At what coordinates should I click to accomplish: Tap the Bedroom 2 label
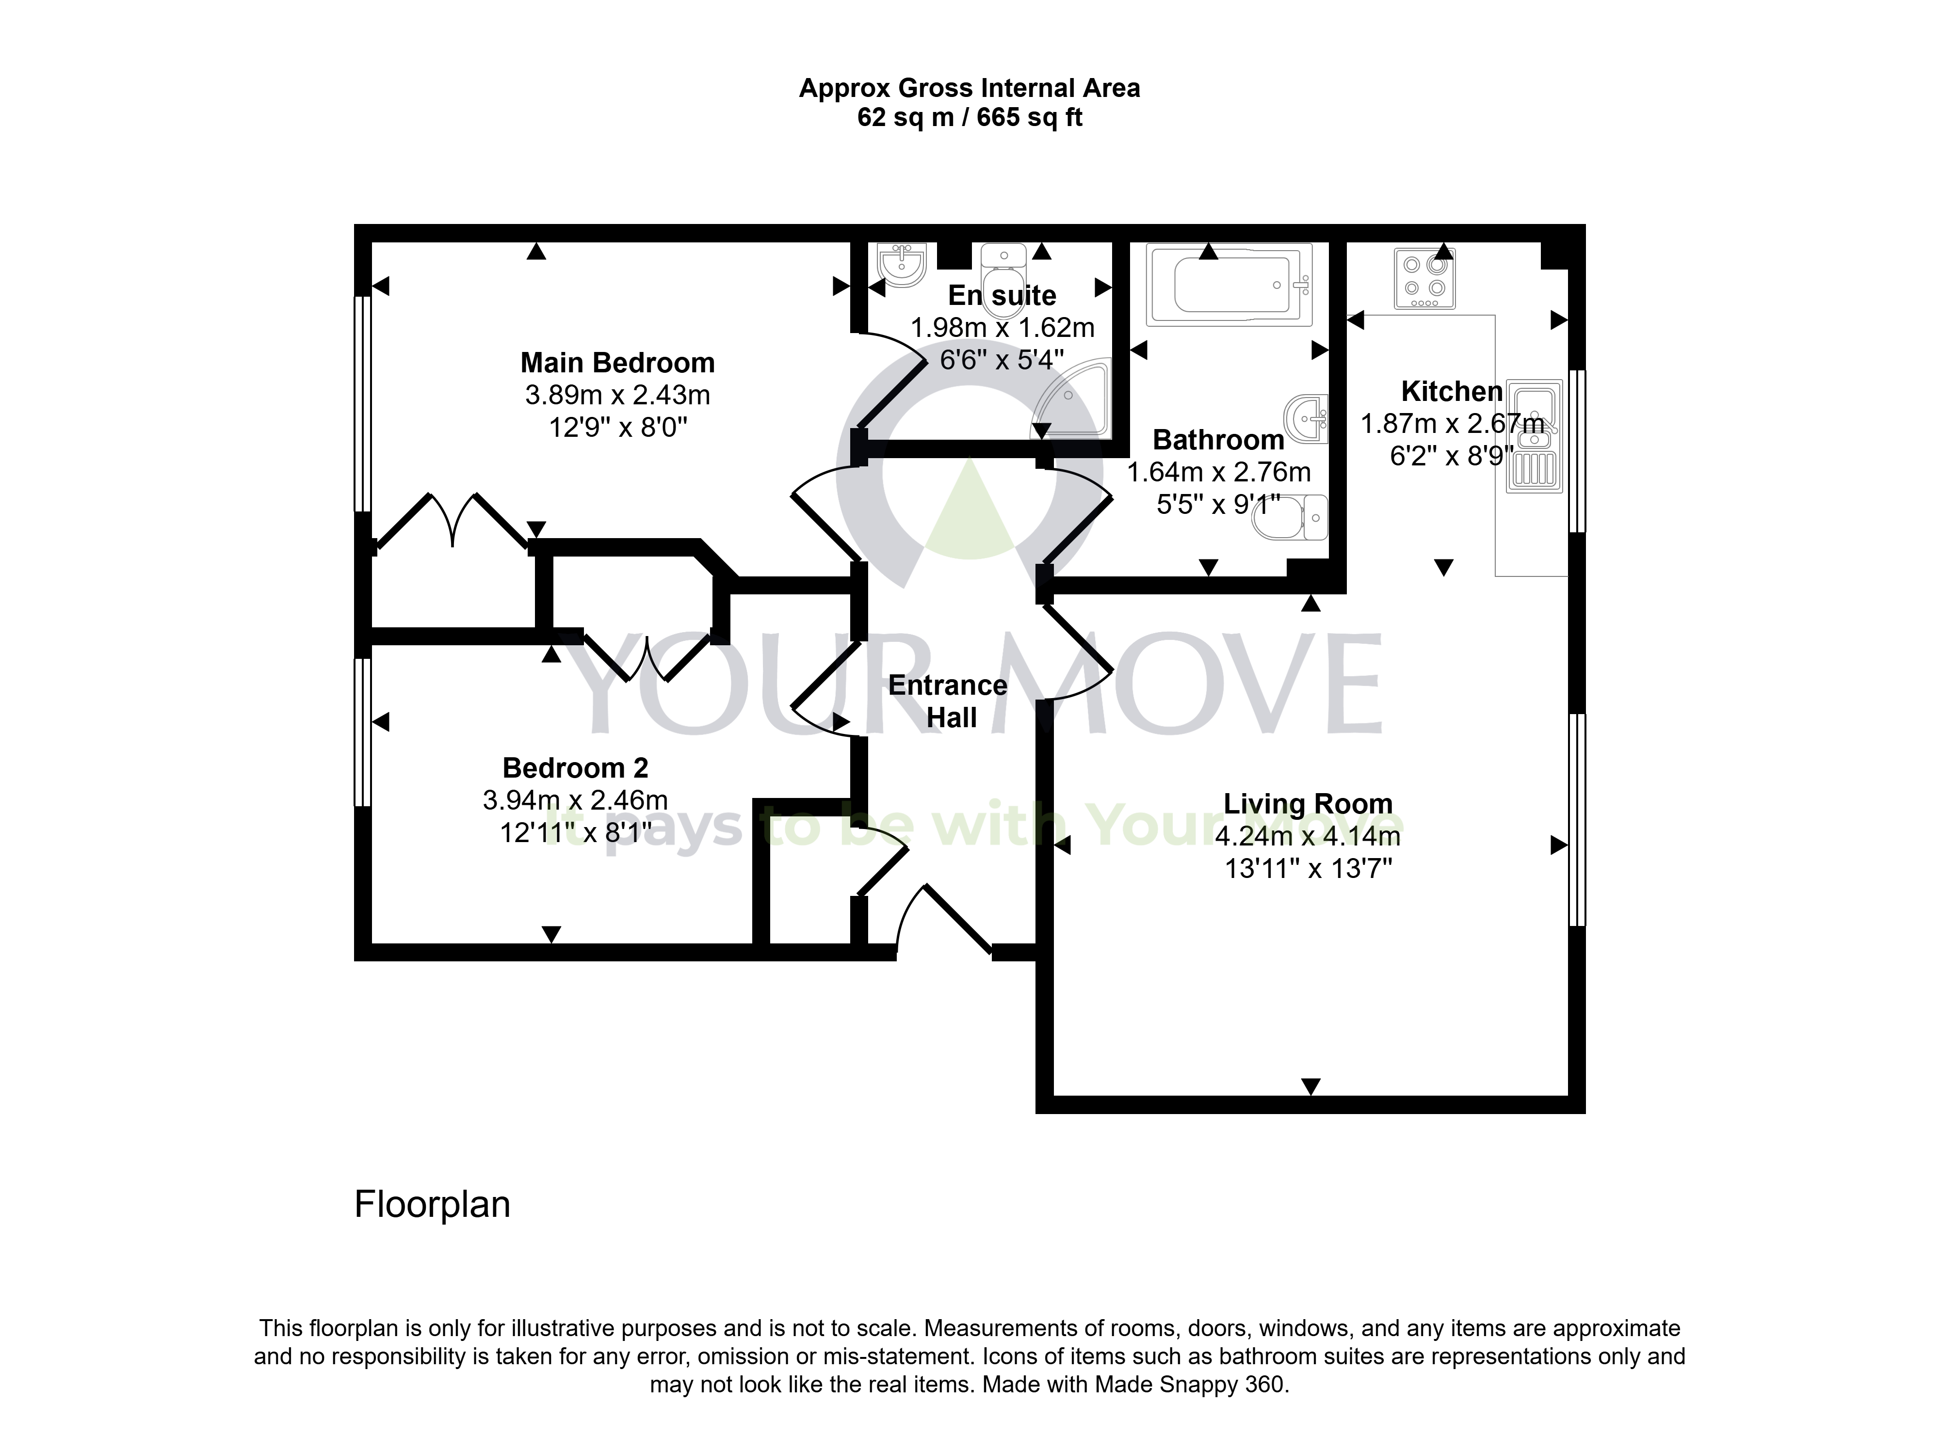[x=575, y=768]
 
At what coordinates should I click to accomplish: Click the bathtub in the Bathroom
[x=1229, y=285]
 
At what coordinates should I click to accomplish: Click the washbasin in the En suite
[x=904, y=265]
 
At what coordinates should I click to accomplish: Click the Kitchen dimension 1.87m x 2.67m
[x=1452, y=424]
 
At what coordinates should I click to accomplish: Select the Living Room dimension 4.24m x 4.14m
[x=1308, y=836]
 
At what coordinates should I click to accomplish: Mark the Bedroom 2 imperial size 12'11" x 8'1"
[x=575, y=833]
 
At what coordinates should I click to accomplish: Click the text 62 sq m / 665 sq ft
[x=970, y=117]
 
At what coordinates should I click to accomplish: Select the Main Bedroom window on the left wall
[x=363, y=404]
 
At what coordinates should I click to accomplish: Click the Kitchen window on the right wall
[x=1577, y=451]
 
